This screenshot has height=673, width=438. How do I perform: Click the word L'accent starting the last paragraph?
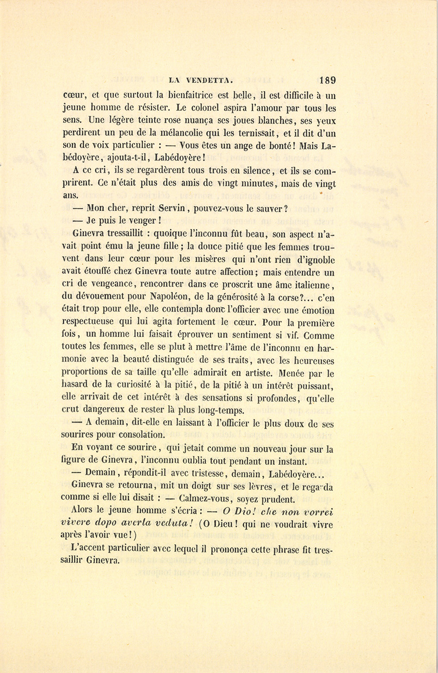[x=90, y=548]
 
